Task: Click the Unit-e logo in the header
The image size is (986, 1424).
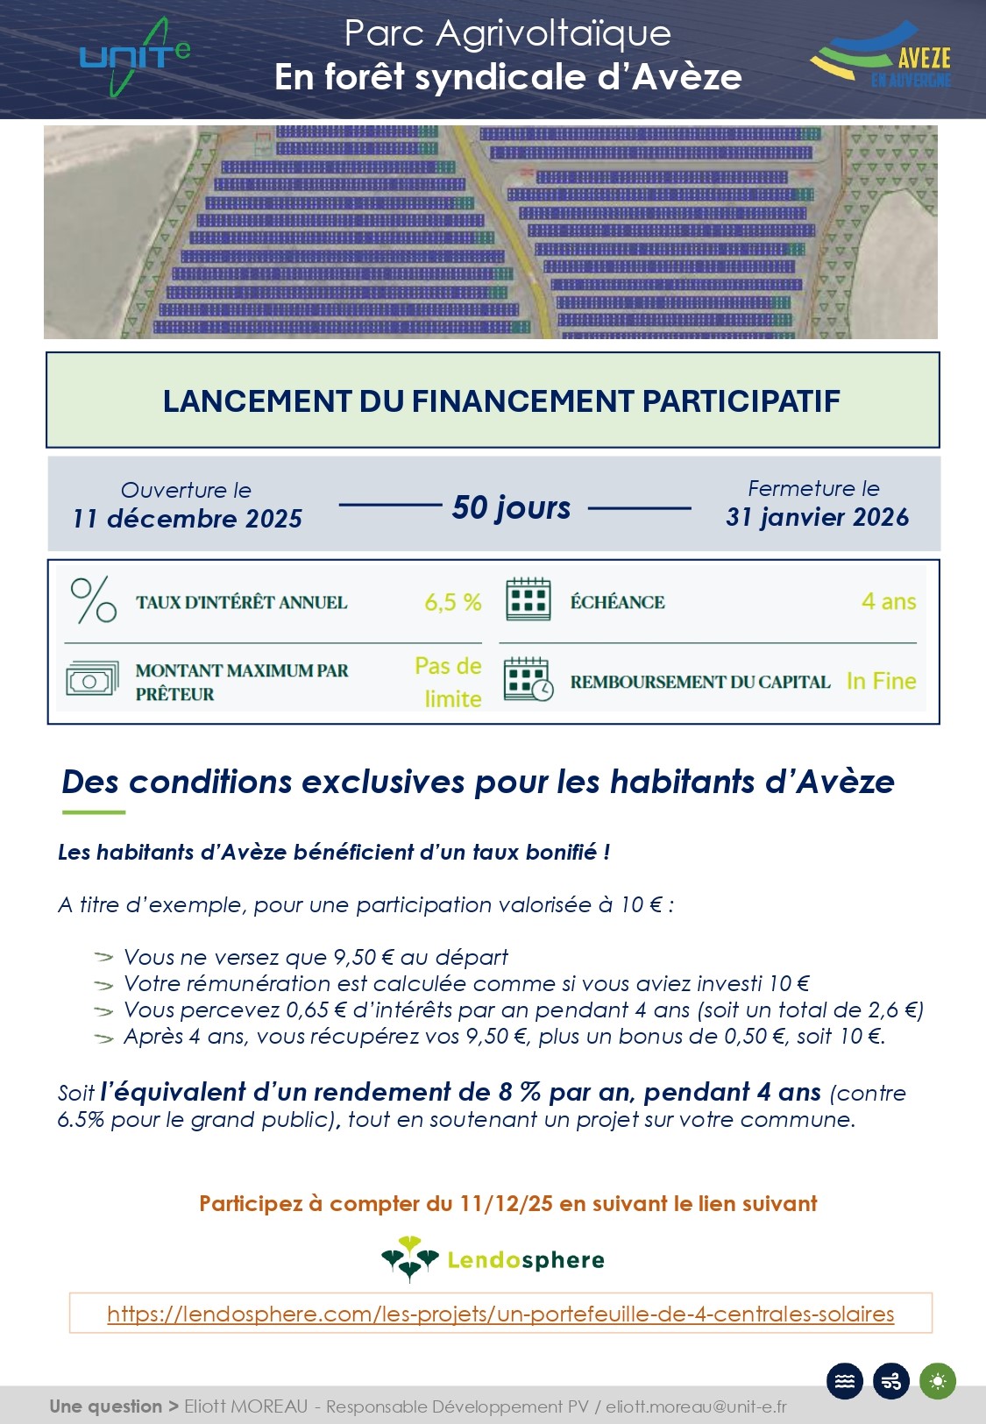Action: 134,57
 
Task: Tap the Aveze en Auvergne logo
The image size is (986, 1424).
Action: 882,57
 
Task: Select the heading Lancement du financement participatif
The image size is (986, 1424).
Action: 501,401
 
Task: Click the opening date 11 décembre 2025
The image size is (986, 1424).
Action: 187,519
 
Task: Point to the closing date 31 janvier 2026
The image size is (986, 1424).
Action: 817,517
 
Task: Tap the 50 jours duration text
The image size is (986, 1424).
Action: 512,507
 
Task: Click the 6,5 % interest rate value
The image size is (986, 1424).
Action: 453,603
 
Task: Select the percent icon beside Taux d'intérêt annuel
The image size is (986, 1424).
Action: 93,601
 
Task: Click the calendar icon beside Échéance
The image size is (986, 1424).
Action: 528,601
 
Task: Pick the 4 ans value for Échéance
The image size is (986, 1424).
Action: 889,602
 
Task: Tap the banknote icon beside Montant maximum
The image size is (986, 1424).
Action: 92,680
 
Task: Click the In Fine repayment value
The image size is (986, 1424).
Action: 881,681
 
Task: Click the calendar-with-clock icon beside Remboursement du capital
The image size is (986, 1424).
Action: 528,680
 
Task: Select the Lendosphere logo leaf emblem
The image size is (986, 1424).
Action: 409,1259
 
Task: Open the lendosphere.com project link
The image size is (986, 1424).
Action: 500,1314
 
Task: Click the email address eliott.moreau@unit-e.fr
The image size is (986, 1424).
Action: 696,1406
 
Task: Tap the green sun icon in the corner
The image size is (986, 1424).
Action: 938,1382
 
